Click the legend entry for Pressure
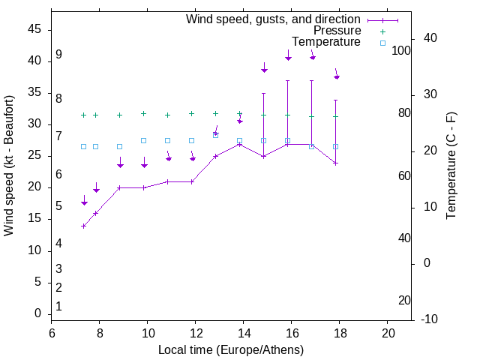(337, 31)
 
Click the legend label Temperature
(326, 43)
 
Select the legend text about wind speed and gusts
(273, 19)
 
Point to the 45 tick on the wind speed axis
(34, 29)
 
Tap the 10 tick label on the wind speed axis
(34, 250)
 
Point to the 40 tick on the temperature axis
(430, 38)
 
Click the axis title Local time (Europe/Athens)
(231, 349)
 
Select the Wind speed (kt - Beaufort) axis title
(10, 165)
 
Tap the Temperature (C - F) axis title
(451, 166)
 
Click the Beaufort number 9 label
(58, 55)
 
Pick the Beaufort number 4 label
(58, 243)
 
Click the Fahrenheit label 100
(402, 50)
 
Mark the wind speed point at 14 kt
(84, 226)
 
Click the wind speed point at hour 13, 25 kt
(216, 156)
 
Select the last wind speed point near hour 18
(336, 163)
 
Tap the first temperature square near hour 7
(84, 147)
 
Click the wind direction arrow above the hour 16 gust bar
(288, 57)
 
